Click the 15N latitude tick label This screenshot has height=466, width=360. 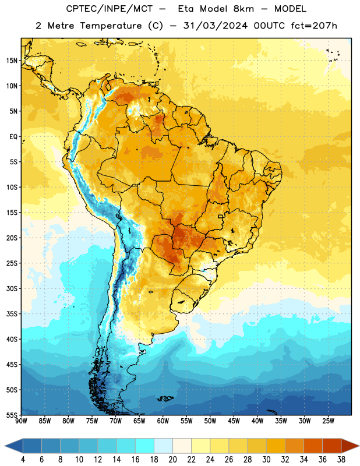coord(12,61)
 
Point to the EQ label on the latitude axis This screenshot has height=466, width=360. coord(13,137)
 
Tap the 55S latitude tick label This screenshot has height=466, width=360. coord(12,415)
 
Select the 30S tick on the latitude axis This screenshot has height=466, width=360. coord(12,288)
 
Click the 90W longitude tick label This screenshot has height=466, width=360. coord(21,421)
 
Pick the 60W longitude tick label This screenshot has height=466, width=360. coord(163,421)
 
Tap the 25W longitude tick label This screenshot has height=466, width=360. coord(328,421)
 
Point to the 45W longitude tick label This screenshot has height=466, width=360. coord(234,421)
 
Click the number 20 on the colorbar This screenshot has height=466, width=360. coord(172,460)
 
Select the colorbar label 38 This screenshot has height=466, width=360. coord(341,460)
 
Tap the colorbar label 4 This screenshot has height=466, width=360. coord(23,460)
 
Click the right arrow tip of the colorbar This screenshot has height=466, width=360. coord(359,446)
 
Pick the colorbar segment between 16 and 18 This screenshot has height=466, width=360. coord(145,446)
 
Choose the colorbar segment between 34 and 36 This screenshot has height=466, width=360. coord(313,446)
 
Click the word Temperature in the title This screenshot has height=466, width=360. coord(111,26)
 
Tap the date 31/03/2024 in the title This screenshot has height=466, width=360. coord(216,26)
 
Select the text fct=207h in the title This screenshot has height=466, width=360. coord(314,26)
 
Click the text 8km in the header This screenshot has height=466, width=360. coord(243,9)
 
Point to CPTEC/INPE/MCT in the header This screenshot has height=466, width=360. coord(110,9)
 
